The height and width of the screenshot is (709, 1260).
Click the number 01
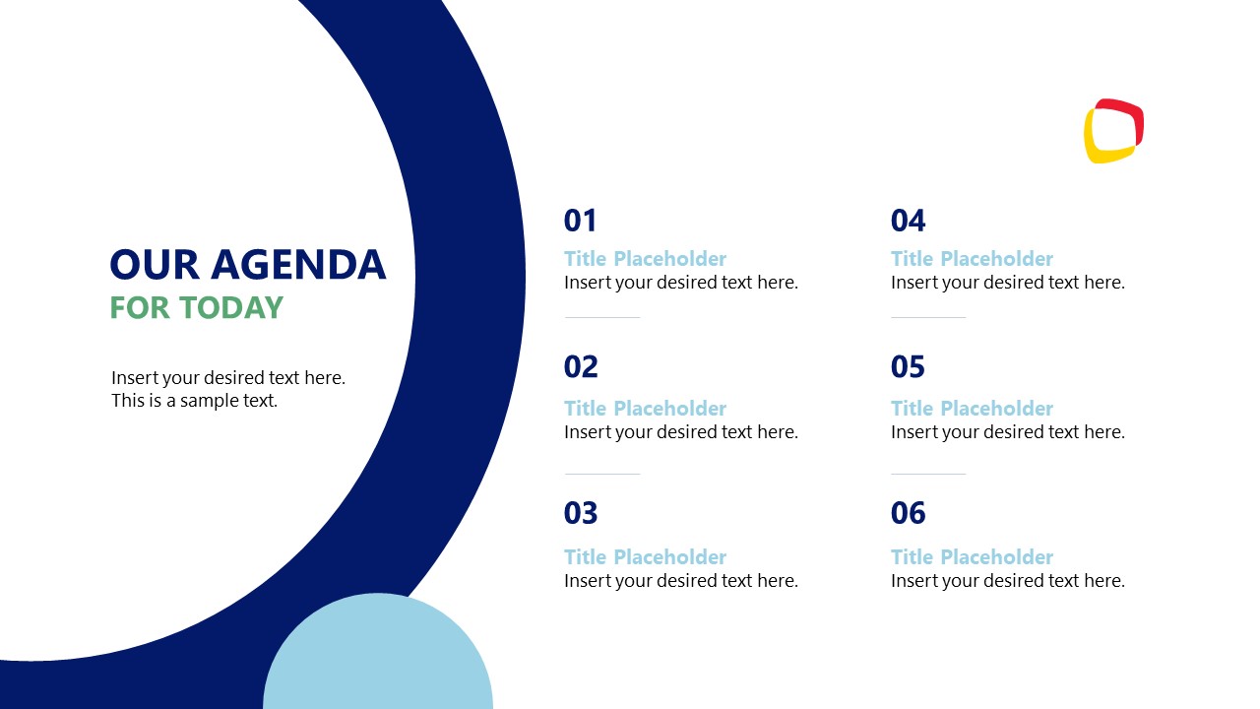coord(580,221)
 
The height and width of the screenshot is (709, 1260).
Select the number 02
coord(581,367)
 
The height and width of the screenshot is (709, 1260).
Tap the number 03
coord(581,513)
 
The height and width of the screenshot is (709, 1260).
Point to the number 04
coord(908,221)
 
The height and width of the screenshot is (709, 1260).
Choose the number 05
coord(908,367)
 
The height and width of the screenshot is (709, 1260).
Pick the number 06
coord(908,513)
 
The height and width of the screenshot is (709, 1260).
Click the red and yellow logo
coord(1113,131)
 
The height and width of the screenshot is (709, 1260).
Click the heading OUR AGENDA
coord(247,265)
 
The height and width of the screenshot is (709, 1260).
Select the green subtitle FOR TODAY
coord(196,308)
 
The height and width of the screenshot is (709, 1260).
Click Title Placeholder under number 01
coord(645,259)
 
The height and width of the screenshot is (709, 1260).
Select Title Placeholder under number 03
coord(645,557)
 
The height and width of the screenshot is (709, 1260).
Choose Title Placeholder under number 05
coord(972,409)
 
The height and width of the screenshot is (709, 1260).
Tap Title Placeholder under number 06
coord(972,557)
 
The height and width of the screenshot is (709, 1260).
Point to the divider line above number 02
coord(602,317)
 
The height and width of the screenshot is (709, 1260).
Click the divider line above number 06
coord(928,474)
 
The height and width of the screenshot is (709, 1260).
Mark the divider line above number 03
coord(602,474)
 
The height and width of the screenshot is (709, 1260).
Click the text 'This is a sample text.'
coord(194,401)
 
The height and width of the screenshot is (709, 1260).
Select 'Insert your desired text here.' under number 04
coord(1007,283)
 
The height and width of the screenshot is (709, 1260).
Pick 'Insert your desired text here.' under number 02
coord(680,432)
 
